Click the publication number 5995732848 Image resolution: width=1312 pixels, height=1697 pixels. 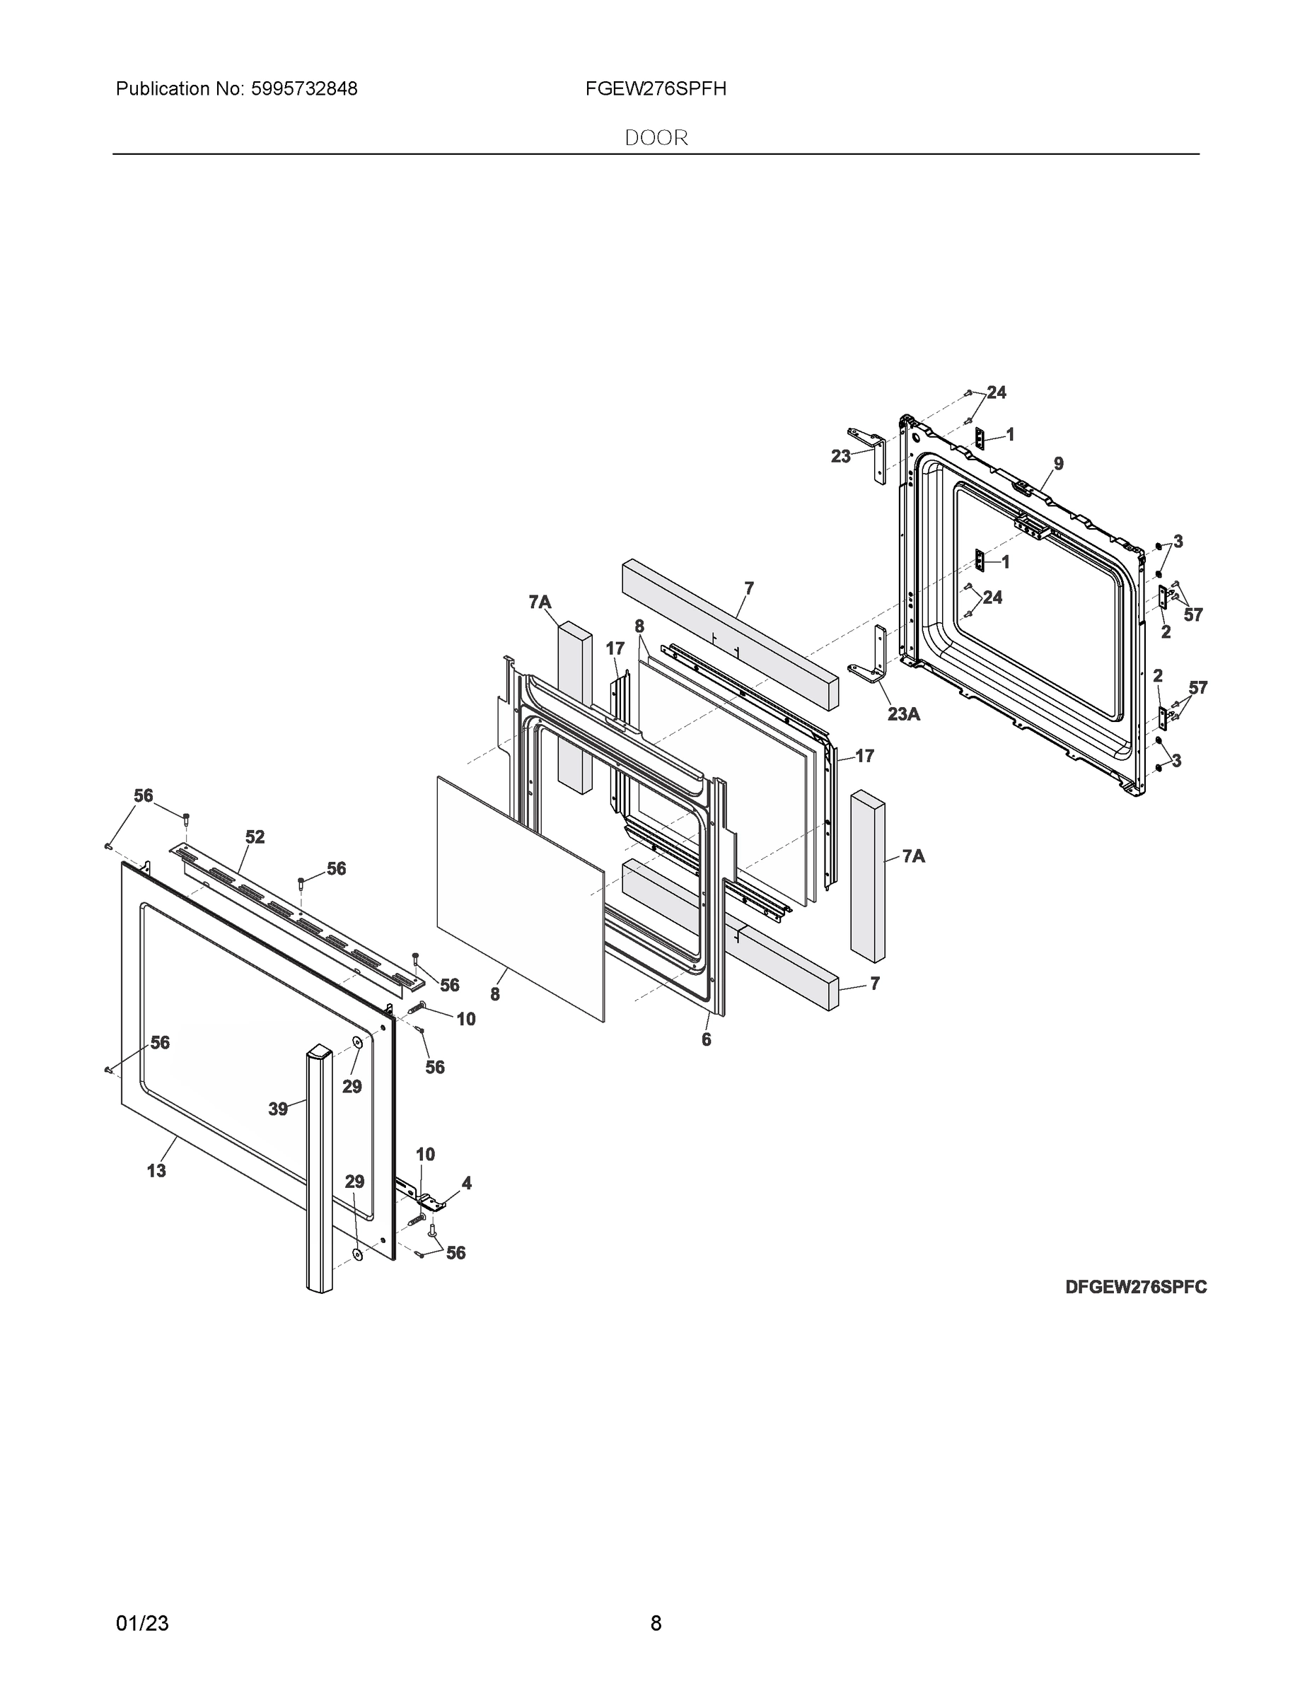(303, 89)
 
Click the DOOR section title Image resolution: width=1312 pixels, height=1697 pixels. (656, 138)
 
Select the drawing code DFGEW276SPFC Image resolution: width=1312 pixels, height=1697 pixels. (1136, 1288)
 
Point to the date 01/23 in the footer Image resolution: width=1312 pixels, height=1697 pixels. (142, 1623)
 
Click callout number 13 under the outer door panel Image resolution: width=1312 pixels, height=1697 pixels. (156, 1171)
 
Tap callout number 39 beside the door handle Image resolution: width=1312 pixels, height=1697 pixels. (278, 1109)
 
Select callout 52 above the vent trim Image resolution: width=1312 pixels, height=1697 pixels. (255, 837)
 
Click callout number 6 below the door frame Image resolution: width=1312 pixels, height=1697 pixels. (706, 1039)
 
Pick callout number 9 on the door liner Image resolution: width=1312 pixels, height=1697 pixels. (1059, 464)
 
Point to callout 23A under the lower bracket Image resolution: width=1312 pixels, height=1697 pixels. (903, 713)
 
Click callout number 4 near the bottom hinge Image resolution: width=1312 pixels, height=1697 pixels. (466, 1184)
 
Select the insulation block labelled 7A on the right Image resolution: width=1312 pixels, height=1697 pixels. (867, 877)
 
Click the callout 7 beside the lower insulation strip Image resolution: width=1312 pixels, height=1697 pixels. (874, 984)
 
